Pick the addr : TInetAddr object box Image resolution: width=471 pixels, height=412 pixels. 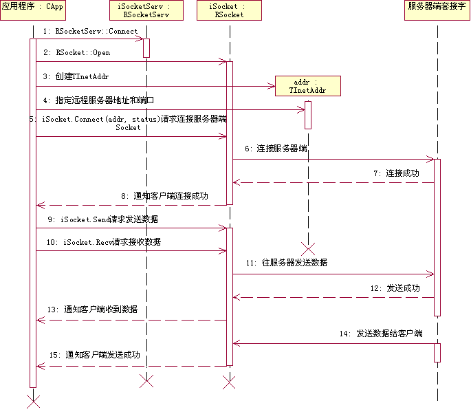[307, 86]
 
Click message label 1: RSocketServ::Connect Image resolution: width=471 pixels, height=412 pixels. [89, 31]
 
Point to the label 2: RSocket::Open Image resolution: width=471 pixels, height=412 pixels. [76, 52]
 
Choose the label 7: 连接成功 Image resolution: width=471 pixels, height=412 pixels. [396, 173]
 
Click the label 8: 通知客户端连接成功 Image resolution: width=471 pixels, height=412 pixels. [164, 195]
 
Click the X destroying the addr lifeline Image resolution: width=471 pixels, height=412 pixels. [308, 248]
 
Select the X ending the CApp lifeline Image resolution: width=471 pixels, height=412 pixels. [32, 400]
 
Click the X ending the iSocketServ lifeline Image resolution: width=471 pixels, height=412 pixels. [146, 381]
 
